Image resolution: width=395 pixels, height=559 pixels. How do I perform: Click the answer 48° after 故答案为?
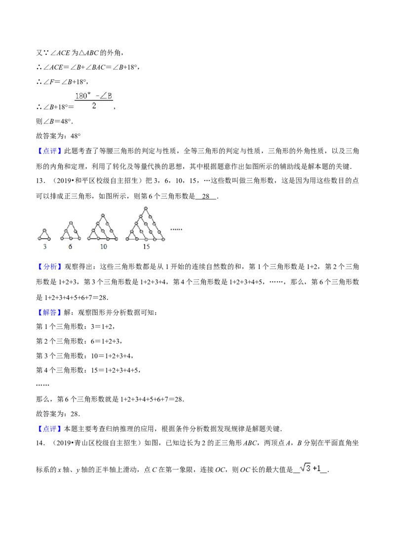(76, 136)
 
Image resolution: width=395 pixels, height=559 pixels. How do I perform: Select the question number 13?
(40, 181)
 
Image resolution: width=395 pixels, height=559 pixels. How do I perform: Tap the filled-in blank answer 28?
(206, 196)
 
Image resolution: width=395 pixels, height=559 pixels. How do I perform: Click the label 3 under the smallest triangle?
(44, 247)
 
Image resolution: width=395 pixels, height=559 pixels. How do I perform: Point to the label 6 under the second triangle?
(70, 247)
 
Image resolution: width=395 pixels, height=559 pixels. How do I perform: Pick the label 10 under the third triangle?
(103, 247)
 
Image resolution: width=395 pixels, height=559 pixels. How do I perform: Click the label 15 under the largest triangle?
(146, 247)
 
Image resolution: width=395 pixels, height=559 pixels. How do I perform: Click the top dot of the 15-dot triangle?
(146, 208)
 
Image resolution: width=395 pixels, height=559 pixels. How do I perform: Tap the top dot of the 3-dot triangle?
(44, 231)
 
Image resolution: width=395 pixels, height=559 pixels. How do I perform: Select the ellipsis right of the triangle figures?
(176, 229)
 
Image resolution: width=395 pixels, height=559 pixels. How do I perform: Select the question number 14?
(40, 443)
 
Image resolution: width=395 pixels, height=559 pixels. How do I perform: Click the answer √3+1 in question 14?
(310, 468)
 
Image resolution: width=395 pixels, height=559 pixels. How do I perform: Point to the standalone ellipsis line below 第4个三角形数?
(42, 385)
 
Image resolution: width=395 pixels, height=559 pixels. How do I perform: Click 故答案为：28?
(58, 414)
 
